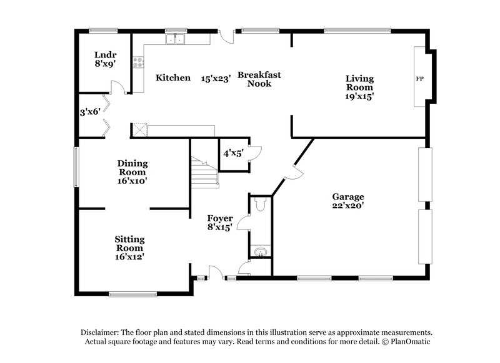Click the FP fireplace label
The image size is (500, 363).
[419, 79]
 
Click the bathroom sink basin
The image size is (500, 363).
[261, 252]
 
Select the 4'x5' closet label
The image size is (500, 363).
[232, 152]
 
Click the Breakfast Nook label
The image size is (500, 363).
[259, 79]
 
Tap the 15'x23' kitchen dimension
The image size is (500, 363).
[216, 79]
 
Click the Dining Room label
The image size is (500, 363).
[132, 168]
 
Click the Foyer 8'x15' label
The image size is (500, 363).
[220, 223]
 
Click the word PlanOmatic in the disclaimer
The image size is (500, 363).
[410, 342]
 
